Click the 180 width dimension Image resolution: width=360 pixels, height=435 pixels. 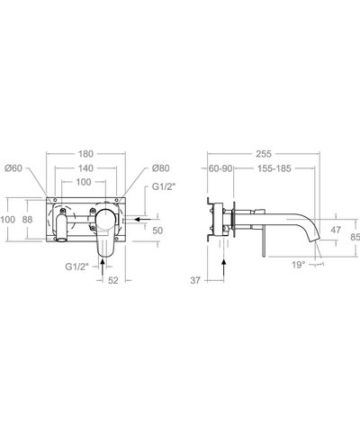pos(85,154)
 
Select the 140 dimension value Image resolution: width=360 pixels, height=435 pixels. pos(85,168)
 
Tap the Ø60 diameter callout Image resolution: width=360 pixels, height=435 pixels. pos(13,168)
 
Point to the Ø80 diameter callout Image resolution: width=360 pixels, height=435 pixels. pos(160,168)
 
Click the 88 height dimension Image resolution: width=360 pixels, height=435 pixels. pos(27,220)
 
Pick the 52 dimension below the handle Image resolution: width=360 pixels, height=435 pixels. pos(113,280)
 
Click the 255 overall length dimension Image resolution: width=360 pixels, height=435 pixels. pos(264,154)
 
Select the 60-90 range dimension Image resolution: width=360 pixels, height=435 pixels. pos(220,168)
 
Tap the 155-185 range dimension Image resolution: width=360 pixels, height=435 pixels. pos(274,168)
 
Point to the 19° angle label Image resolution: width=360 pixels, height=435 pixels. pos(299,265)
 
